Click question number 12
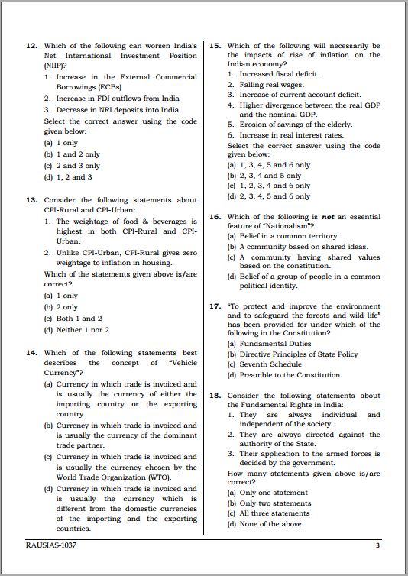(x=31, y=46)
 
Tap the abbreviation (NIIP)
(x=55, y=66)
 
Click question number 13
(x=31, y=200)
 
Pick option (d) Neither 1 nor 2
(x=76, y=330)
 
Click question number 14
(x=31, y=353)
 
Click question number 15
(x=215, y=46)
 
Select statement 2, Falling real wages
(x=267, y=85)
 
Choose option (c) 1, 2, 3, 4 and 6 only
(x=268, y=186)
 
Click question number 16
(x=215, y=217)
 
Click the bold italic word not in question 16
(x=328, y=217)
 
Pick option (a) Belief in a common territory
(x=283, y=237)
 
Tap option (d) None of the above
(x=264, y=524)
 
